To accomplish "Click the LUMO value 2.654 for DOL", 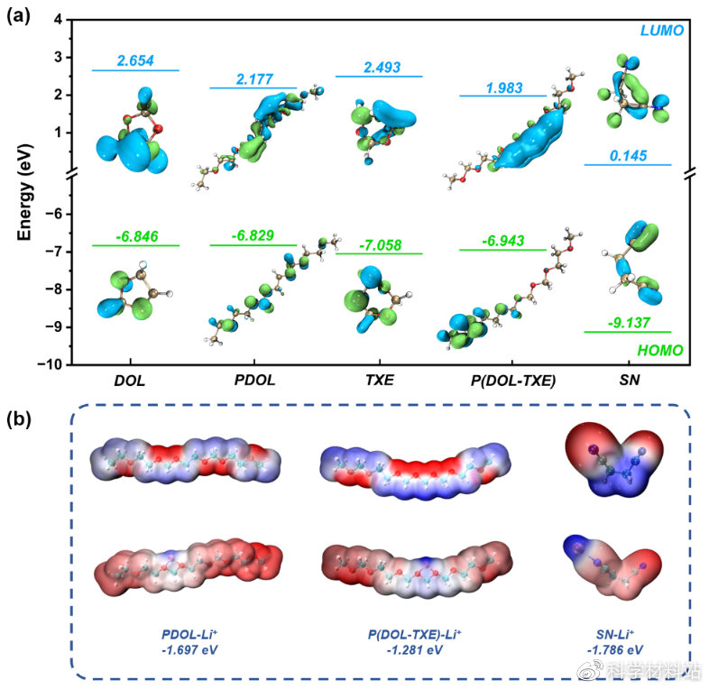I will click(x=135, y=61).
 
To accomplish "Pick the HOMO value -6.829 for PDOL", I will click(x=253, y=235).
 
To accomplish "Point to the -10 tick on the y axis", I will click(x=56, y=364).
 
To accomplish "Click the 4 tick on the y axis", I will click(x=63, y=19).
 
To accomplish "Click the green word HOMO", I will click(x=658, y=350).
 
